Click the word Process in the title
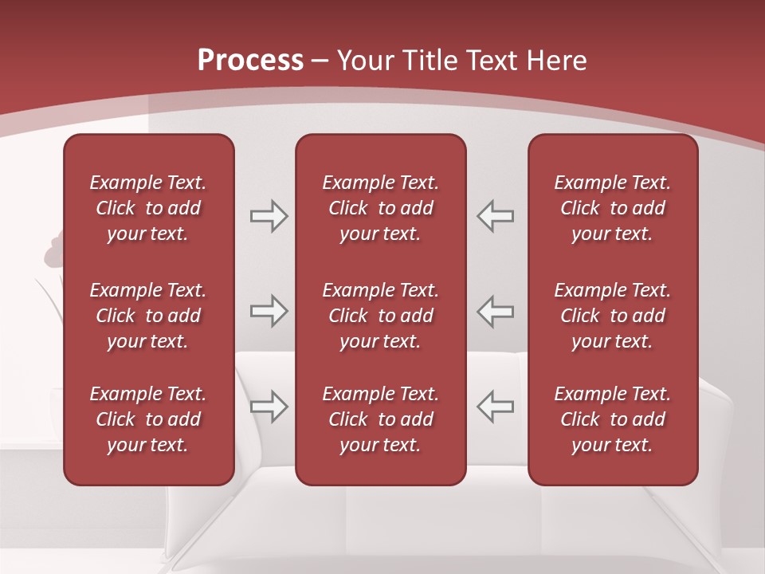pyautogui.click(x=250, y=61)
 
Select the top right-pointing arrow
pyautogui.click(x=269, y=216)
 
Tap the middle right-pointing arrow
pyautogui.click(x=269, y=311)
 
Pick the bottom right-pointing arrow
pyautogui.click(x=269, y=406)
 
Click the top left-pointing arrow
pyautogui.click(x=495, y=216)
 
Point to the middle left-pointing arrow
pyautogui.click(x=495, y=311)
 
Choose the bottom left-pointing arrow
pyautogui.click(x=495, y=406)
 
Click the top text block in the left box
pyautogui.click(x=148, y=208)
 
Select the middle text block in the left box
pyautogui.click(x=148, y=316)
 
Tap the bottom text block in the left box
pyautogui.click(x=148, y=419)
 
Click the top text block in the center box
pyautogui.click(x=380, y=208)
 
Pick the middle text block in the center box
pyautogui.click(x=380, y=316)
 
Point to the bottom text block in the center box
pyautogui.click(x=380, y=419)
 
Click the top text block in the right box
pyautogui.click(x=612, y=208)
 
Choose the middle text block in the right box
pyautogui.click(x=612, y=316)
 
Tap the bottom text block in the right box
pyautogui.click(x=612, y=419)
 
